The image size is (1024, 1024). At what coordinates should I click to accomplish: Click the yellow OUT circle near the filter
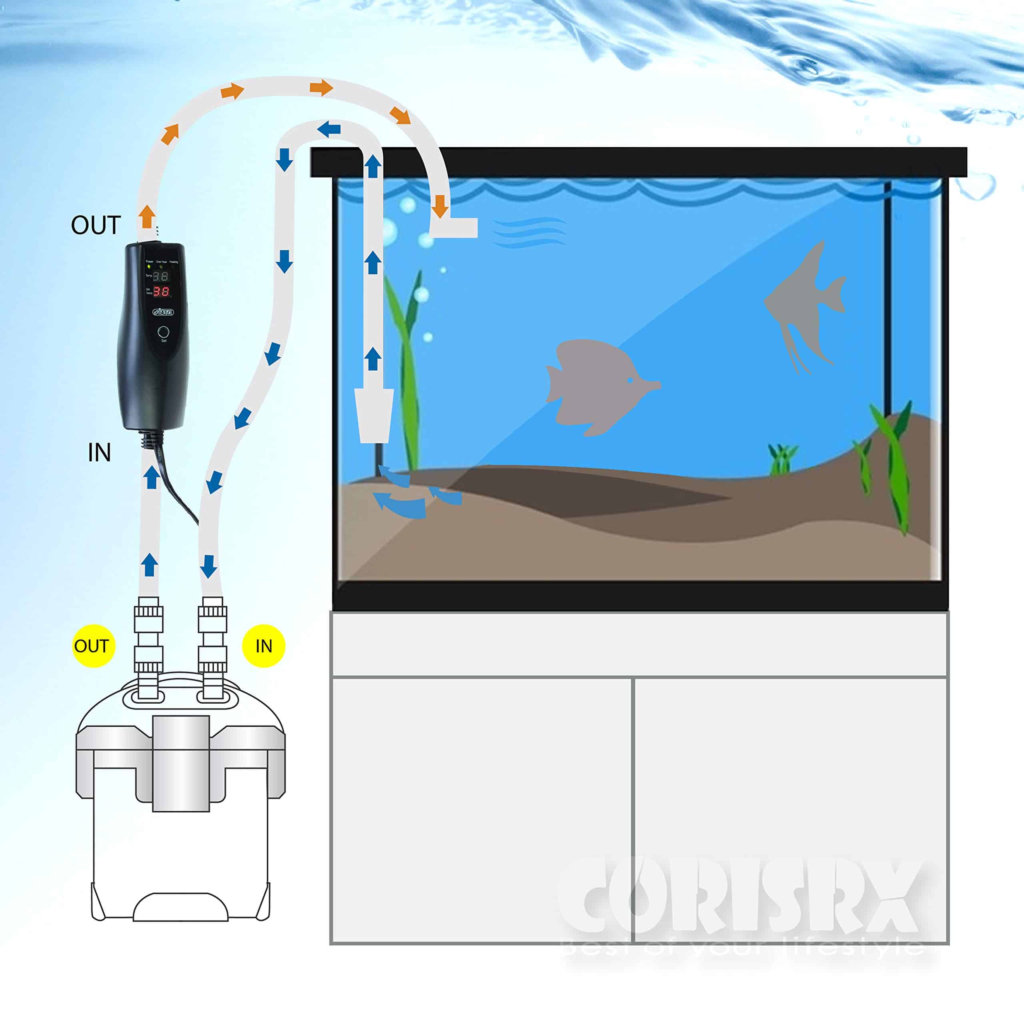(x=93, y=646)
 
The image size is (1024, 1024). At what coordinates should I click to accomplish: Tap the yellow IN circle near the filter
(x=264, y=646)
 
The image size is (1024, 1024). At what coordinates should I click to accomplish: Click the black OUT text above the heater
(x=96, y=225)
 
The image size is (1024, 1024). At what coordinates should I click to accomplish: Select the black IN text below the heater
(x=99, y=453)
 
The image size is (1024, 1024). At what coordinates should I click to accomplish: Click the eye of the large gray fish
(x=630, y=380)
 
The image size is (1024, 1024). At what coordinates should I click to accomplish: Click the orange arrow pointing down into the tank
(x=439, y=206)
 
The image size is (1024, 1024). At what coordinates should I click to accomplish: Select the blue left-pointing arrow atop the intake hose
(x=329, y=128)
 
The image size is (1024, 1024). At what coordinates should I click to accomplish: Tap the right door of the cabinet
(x=790, y=811)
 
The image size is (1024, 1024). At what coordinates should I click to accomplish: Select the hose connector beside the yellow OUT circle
(x=148, y=647)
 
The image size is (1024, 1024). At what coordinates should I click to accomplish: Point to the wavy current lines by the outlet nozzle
(x=528, y=232)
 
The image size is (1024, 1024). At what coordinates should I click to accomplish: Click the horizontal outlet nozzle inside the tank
(x=455, y=228)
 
